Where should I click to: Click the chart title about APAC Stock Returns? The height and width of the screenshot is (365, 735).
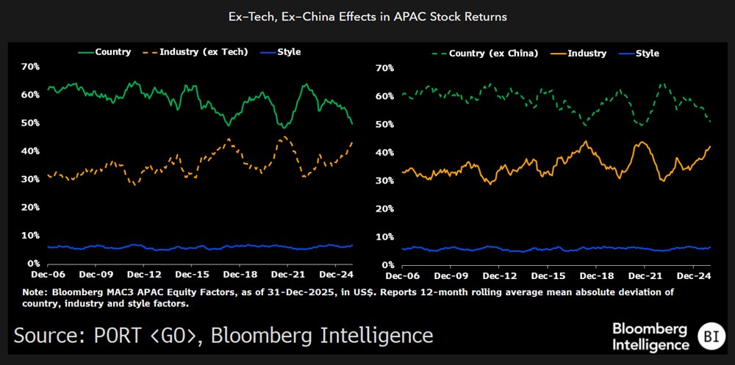pos(367,16)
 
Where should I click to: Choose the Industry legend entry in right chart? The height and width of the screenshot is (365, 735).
pos(587,54)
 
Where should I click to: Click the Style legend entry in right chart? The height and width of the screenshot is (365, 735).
pos(647,54)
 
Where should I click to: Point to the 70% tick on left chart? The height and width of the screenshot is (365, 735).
pos(30,67)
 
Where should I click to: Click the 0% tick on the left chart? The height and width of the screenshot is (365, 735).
pos(33,263)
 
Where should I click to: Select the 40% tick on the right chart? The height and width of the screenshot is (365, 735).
pos(385,153)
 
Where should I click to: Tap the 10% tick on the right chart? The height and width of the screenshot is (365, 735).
pos(385,236)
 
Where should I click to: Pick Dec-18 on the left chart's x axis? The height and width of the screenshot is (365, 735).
pos(240,275)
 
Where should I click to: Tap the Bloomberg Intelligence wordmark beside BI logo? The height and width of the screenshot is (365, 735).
pos(651,336)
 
